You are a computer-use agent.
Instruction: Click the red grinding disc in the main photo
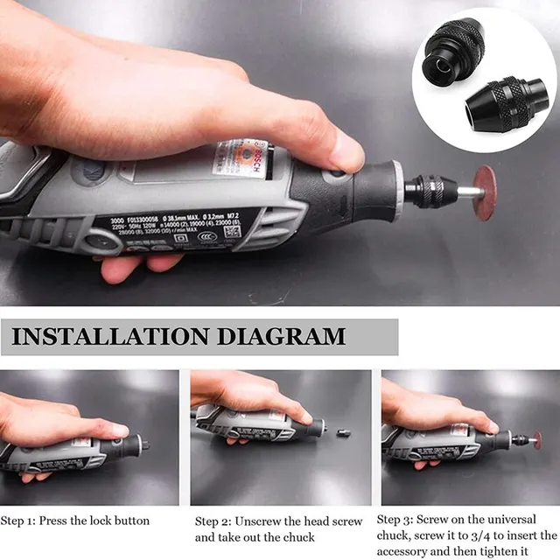tap(484, 192)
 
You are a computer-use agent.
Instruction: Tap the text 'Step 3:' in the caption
tap(400, 519)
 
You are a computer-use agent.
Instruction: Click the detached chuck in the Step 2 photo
tap(344, 432)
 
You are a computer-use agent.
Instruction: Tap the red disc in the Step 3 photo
tap(536, 440)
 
